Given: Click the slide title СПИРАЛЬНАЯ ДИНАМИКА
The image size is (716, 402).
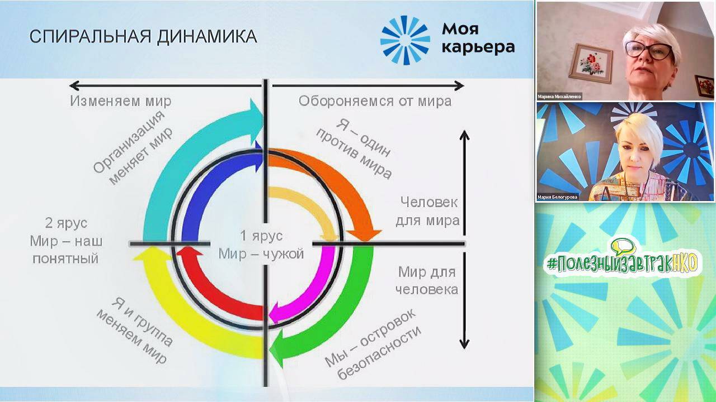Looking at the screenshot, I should click(143, 37).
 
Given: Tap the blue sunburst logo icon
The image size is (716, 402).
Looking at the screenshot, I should click(405, 40).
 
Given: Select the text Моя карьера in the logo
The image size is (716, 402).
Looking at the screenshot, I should click(477, 38).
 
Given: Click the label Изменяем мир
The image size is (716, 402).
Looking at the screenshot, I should click(120, 101).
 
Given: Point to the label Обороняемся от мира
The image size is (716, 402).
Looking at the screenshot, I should click(375, 101).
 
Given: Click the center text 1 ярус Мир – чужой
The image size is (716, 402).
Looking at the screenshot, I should click(261, 245).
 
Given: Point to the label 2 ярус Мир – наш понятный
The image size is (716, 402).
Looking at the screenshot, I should click(66, 241).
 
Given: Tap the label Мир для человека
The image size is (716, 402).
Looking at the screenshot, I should click(426, 280).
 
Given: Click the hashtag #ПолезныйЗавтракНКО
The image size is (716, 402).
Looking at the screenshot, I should click(623, 262).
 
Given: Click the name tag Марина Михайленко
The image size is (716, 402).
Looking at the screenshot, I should click(559, 96).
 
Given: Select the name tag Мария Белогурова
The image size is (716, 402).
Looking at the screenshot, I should click(558, 197).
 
